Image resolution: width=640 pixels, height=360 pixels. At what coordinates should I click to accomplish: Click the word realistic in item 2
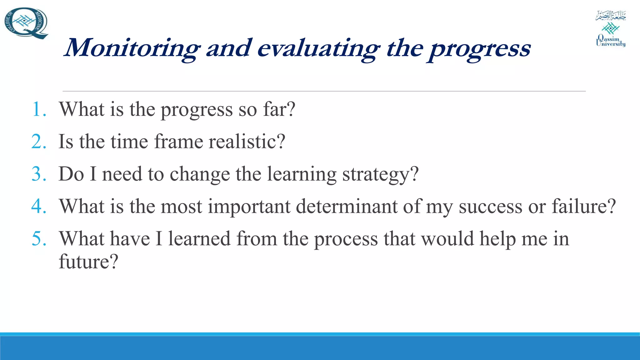coord(247,142)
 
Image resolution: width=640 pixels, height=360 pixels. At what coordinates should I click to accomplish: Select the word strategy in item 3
coord(380,174)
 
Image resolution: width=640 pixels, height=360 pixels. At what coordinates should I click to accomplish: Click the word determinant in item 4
coord(347,207)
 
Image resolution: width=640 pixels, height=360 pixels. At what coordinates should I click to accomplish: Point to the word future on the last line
coord(88,262)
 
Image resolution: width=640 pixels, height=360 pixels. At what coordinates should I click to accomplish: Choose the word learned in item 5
coord(199,239)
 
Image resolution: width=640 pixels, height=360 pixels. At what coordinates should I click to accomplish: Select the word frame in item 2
coord(178,142)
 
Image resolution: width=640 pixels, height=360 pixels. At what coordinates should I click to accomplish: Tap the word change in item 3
coord(200,174)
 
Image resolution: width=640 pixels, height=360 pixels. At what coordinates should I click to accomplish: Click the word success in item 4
coord(490,207)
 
